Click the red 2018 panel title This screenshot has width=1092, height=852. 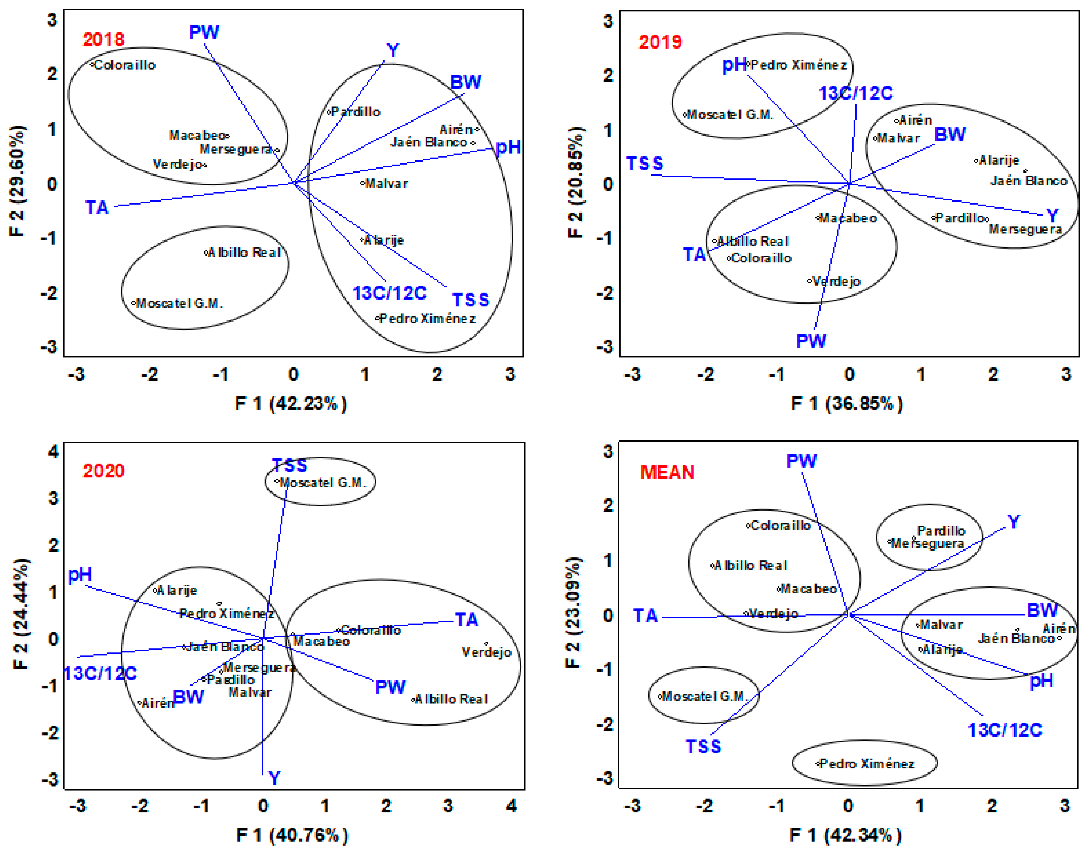(103, 40)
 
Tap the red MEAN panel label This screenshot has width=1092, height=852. (667, 472)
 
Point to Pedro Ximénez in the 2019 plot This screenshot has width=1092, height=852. (798, 65)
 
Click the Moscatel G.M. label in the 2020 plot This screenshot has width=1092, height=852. (322, 483)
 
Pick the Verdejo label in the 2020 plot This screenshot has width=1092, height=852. (486, 652)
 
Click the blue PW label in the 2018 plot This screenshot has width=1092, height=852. (204, 33)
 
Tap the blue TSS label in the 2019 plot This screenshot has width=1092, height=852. (645, 163)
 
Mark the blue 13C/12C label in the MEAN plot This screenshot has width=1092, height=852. (1005, 730)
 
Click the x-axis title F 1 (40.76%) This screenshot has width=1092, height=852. (292, 835)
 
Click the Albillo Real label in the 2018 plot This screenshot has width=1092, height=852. (244, 253)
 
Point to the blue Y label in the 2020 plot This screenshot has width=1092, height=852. (274, 777)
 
